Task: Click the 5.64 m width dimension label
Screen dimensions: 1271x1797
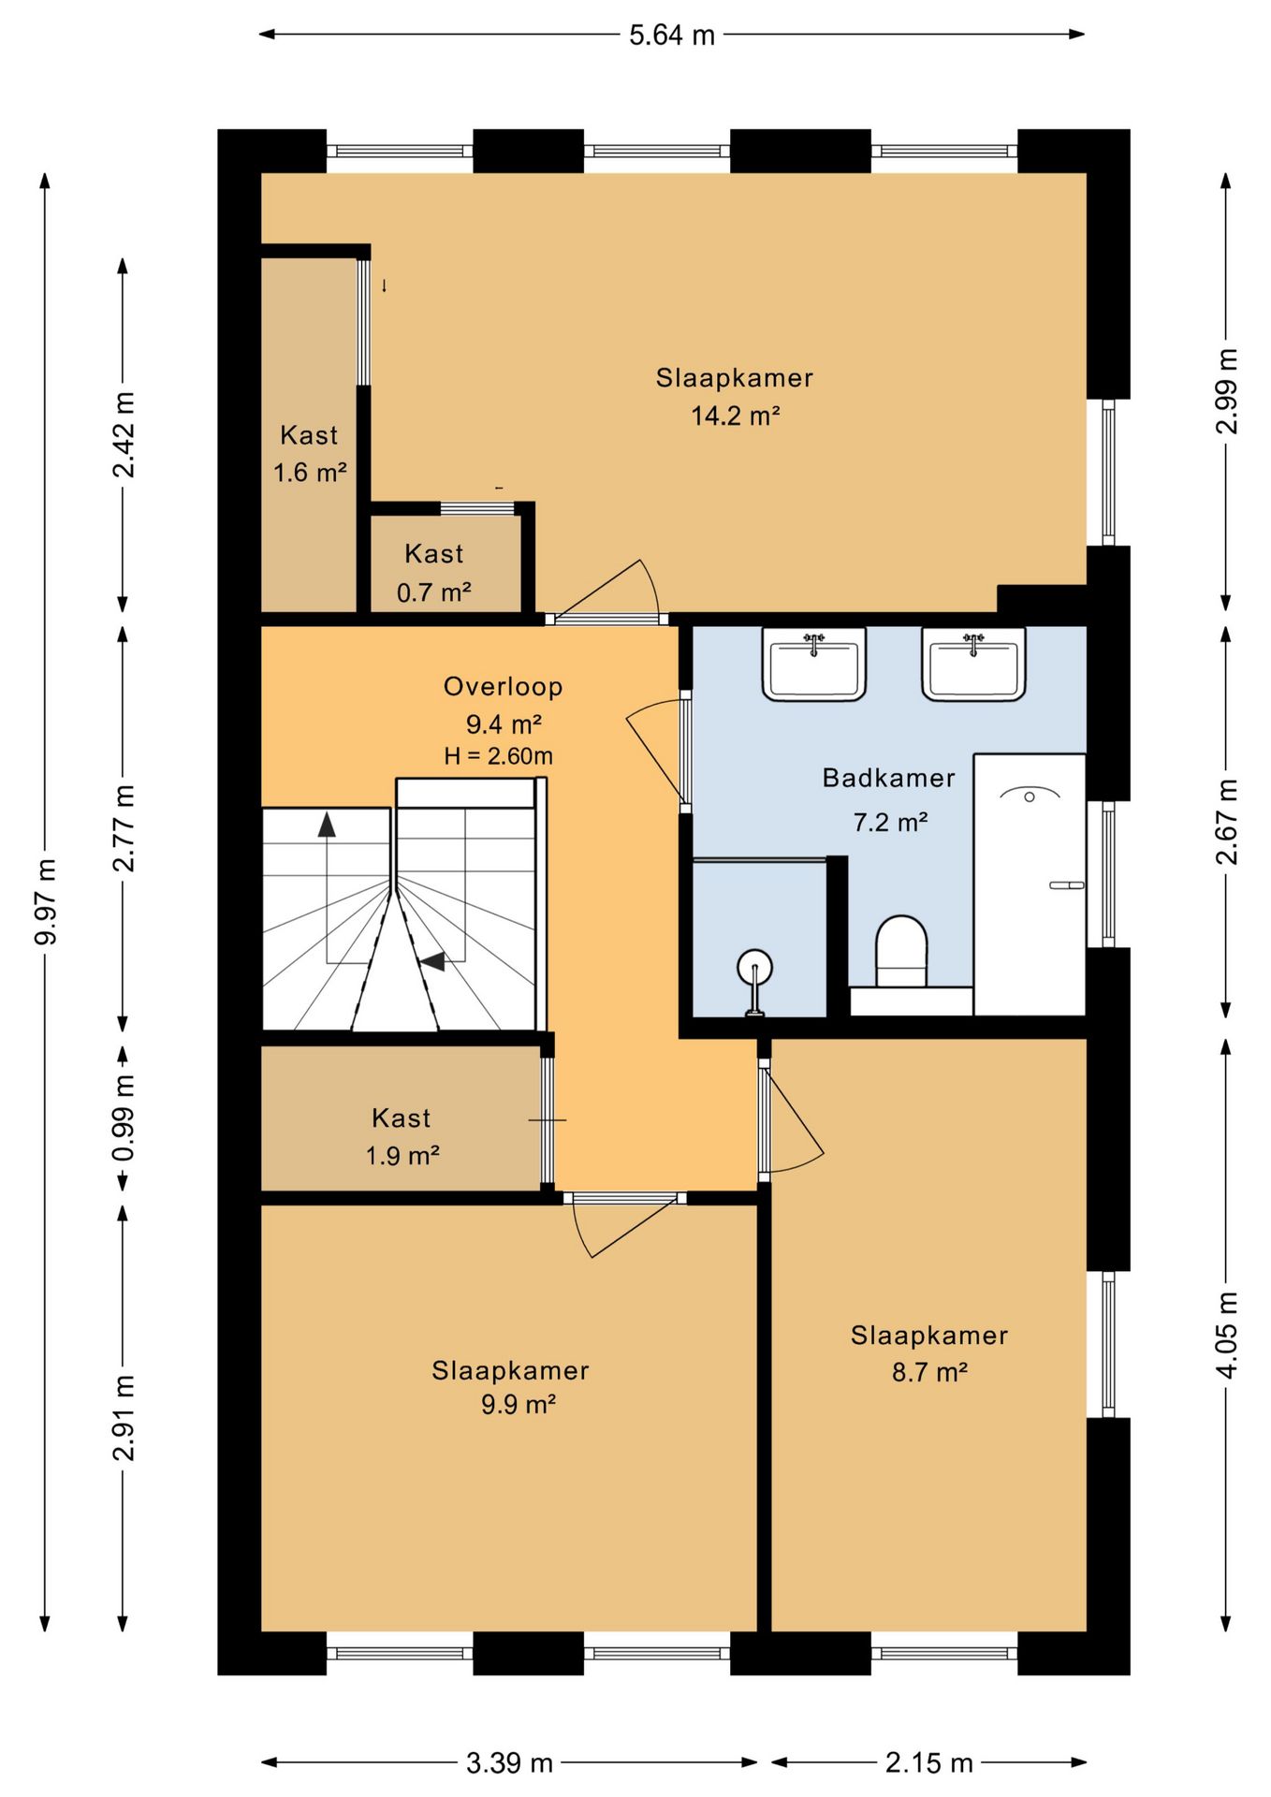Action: (671, 36)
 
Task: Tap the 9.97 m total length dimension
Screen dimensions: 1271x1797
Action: (45, 900)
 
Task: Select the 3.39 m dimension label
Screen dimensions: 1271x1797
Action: (509, 1763)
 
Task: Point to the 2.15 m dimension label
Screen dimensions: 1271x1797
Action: (928, 1763)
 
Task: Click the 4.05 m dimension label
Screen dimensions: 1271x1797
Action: (1226, 1335)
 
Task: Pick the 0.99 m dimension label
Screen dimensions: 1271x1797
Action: (124, 1118)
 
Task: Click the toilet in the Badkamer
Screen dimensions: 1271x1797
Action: (900, 951)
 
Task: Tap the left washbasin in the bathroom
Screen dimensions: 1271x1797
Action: (813, 664)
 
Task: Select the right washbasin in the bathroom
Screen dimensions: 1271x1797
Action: (973, 664)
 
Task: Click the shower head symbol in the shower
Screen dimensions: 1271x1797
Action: (1030, 795)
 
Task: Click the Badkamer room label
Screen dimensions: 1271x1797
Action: (888, 778)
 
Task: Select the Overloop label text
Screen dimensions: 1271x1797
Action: (504, 686)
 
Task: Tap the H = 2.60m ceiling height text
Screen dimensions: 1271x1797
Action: (498, 755)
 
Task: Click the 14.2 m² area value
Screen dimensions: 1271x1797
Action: (736, 416)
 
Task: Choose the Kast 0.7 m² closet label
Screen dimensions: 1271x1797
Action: (433, 573)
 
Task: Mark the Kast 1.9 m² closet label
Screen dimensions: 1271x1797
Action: (402, 1136)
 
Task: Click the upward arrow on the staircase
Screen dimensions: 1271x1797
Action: (327, 825)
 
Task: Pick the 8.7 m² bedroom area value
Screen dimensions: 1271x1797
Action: (929, 1372)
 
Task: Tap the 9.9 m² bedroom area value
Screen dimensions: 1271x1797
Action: (519, 1405)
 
